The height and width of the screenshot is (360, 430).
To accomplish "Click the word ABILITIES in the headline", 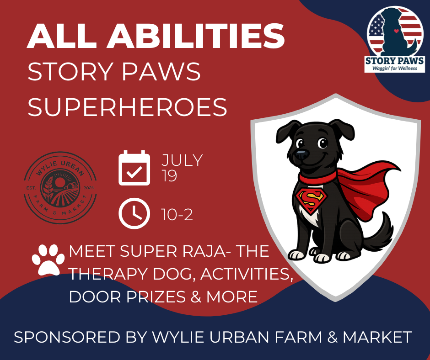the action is (196, 36).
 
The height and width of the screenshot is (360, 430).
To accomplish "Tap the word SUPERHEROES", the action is (128, 107).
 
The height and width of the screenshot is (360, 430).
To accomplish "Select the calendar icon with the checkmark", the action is (134, 168).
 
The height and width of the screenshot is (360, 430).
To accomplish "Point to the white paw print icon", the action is (48, 259).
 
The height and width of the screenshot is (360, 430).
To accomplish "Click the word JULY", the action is (182, 160).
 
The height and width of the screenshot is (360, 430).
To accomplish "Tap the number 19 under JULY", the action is (169, 176).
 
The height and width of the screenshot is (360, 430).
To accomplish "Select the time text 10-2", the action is (177, 215).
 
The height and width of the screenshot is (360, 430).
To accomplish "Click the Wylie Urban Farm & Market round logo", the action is (60, 188).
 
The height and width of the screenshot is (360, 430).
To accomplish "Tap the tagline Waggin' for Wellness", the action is (394, 68).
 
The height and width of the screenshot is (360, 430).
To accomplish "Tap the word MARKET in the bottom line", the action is (377, 337).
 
